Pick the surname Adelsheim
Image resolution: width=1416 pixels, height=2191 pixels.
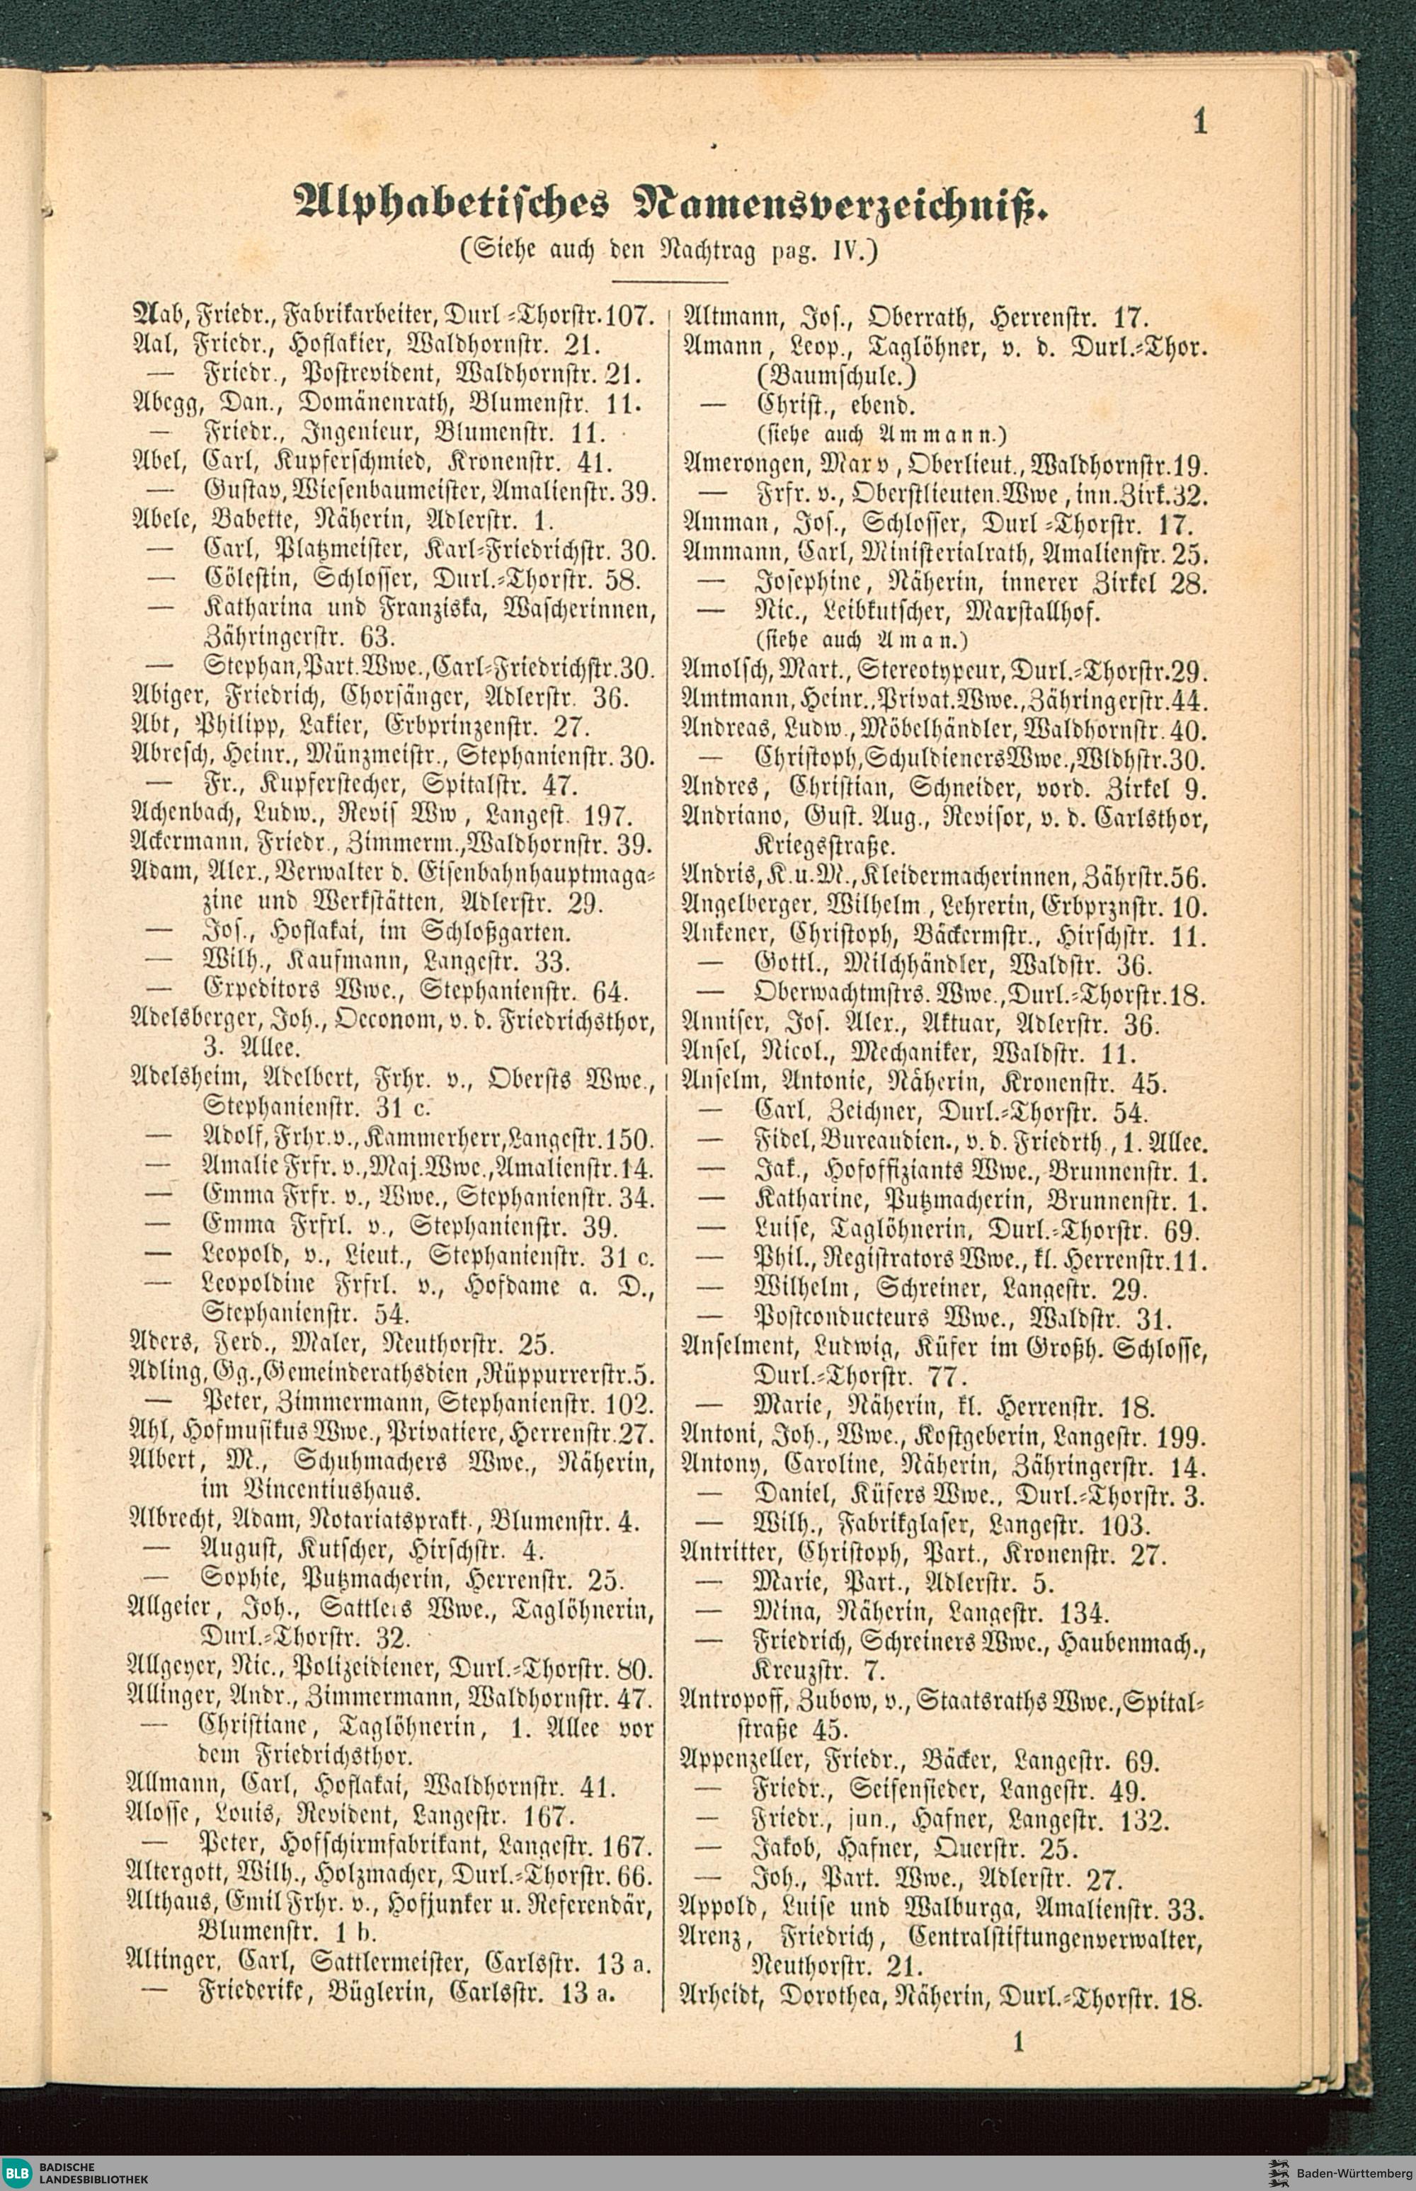188,1077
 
